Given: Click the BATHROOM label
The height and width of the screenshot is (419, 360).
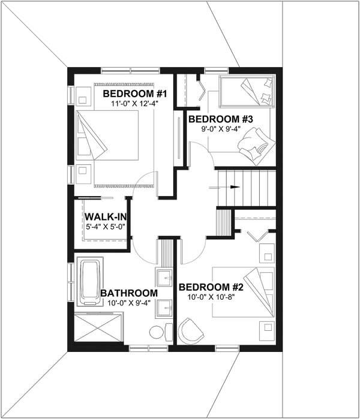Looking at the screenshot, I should (x=129, y=293).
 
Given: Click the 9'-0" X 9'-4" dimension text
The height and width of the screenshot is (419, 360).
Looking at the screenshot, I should (x=219, y=128).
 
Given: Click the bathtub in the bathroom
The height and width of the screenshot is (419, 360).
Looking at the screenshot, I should (x=90, y=282).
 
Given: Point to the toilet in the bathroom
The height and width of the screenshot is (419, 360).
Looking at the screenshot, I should (x=155, y=331).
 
